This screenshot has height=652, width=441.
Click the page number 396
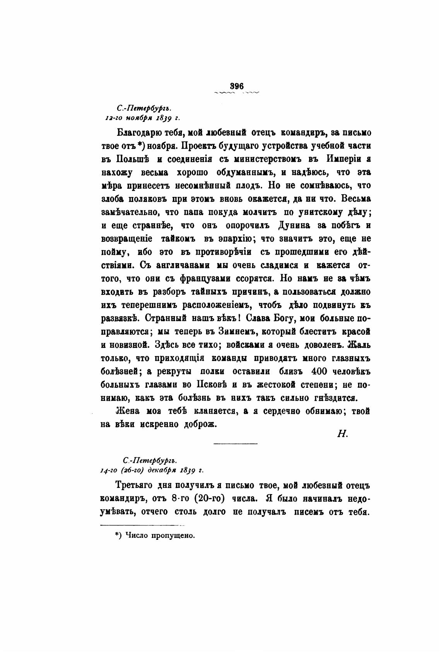tap(236, 86)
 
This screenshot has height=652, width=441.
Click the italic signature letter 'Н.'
tap(342, 434)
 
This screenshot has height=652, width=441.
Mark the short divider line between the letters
tap(235, 443)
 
